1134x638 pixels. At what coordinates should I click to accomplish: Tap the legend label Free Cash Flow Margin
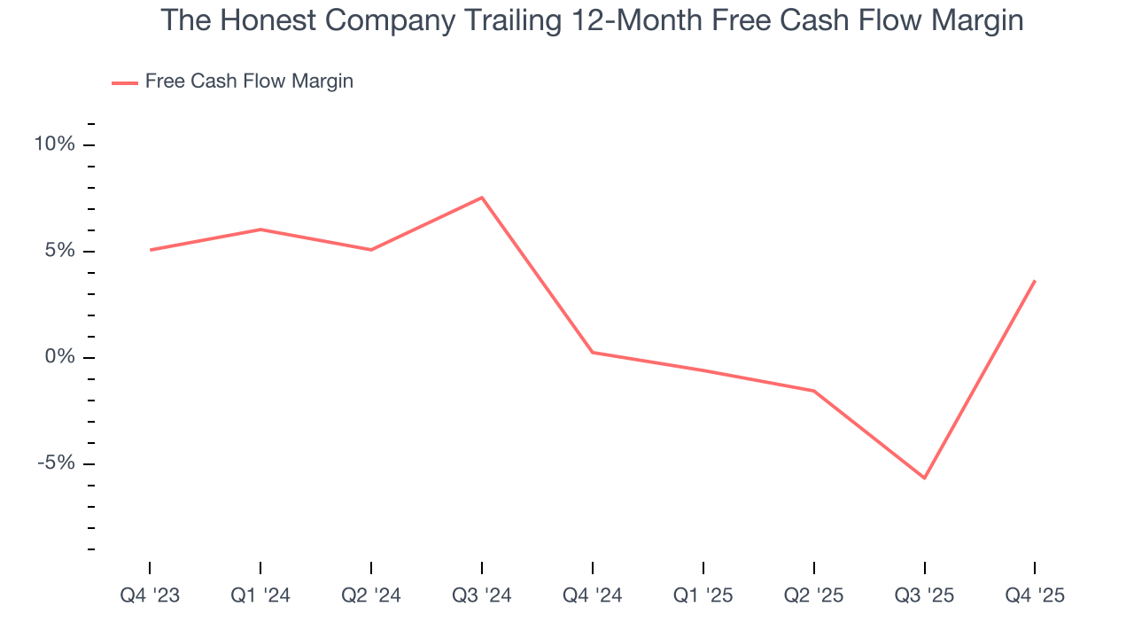point(249,82)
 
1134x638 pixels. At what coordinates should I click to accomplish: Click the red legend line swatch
point(124,82)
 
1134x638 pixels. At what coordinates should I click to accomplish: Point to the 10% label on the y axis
point(54,144)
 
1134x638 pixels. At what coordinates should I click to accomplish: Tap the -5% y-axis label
point(55,463)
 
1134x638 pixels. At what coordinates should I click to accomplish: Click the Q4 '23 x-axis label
point(150,595)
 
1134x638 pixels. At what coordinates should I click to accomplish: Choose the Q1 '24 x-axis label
point(260,595)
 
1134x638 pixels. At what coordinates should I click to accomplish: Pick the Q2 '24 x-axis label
point(371,595)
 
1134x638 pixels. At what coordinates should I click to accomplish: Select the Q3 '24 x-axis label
point(482,595)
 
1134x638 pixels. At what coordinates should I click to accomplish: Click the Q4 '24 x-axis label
point(593,595)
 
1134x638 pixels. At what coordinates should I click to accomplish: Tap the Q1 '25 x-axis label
point(703,595)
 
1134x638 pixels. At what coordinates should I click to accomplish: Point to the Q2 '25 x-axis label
point(814,595)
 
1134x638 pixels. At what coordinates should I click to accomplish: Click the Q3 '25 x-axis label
point(925,595)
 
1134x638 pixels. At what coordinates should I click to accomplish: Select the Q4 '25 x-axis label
point(1035,595)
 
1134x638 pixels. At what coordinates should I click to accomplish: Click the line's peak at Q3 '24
point(482,198)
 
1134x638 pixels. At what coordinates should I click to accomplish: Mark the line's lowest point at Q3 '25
point(925,478)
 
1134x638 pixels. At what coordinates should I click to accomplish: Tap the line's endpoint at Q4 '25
point(1035,281)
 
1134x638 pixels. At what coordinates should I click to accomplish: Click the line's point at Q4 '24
point(593,353)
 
